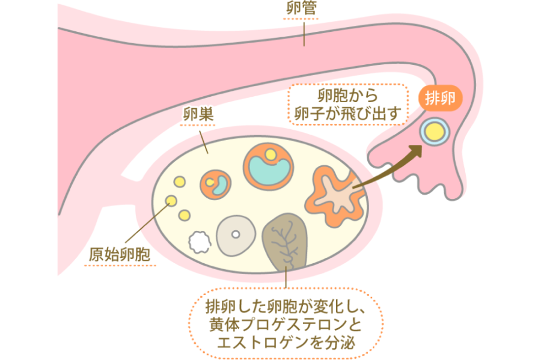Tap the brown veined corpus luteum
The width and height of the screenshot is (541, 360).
click(x=286, y=241)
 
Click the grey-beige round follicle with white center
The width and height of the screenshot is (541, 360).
click(x=236, y=234)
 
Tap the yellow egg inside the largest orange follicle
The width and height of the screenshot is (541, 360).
click(x=272, y=155)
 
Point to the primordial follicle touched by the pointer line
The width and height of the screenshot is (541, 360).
click(x=171, y=200)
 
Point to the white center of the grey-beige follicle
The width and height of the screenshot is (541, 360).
click(x=236, y=234)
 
